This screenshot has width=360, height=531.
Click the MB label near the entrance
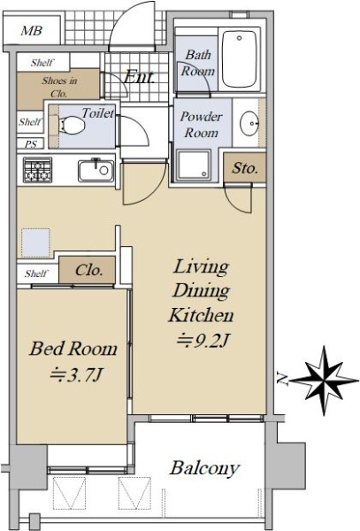coord(32,31)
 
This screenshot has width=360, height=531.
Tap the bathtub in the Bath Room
coord(240,59)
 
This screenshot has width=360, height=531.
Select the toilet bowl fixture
coord(72,126)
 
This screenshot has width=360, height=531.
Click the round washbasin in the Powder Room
coord(249,123)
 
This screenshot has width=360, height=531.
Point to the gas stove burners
coord(37,170)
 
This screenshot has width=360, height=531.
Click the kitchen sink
coord(96,171)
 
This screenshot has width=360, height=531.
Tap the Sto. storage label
coord(245,168)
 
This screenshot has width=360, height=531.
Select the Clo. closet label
coord(88,270)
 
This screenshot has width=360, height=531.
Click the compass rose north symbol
coord(324,381)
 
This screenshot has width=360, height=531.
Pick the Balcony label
coord(205,468)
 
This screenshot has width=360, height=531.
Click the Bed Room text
coord(73,349)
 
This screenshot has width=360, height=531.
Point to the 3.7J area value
coord(76,375)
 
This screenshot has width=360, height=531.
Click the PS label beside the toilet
coord(30,144)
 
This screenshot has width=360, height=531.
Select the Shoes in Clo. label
coord(59,87)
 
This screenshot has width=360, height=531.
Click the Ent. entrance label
coord(139,77)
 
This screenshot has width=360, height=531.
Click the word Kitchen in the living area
coord(201,316)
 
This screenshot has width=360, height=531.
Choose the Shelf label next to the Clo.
coord(36,273)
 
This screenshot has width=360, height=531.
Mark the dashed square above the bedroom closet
coord(35,243)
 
